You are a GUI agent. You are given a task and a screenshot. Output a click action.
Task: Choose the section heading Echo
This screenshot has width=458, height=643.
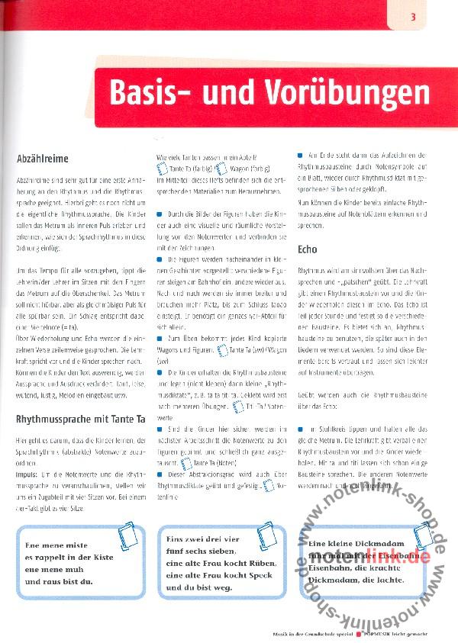307,249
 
